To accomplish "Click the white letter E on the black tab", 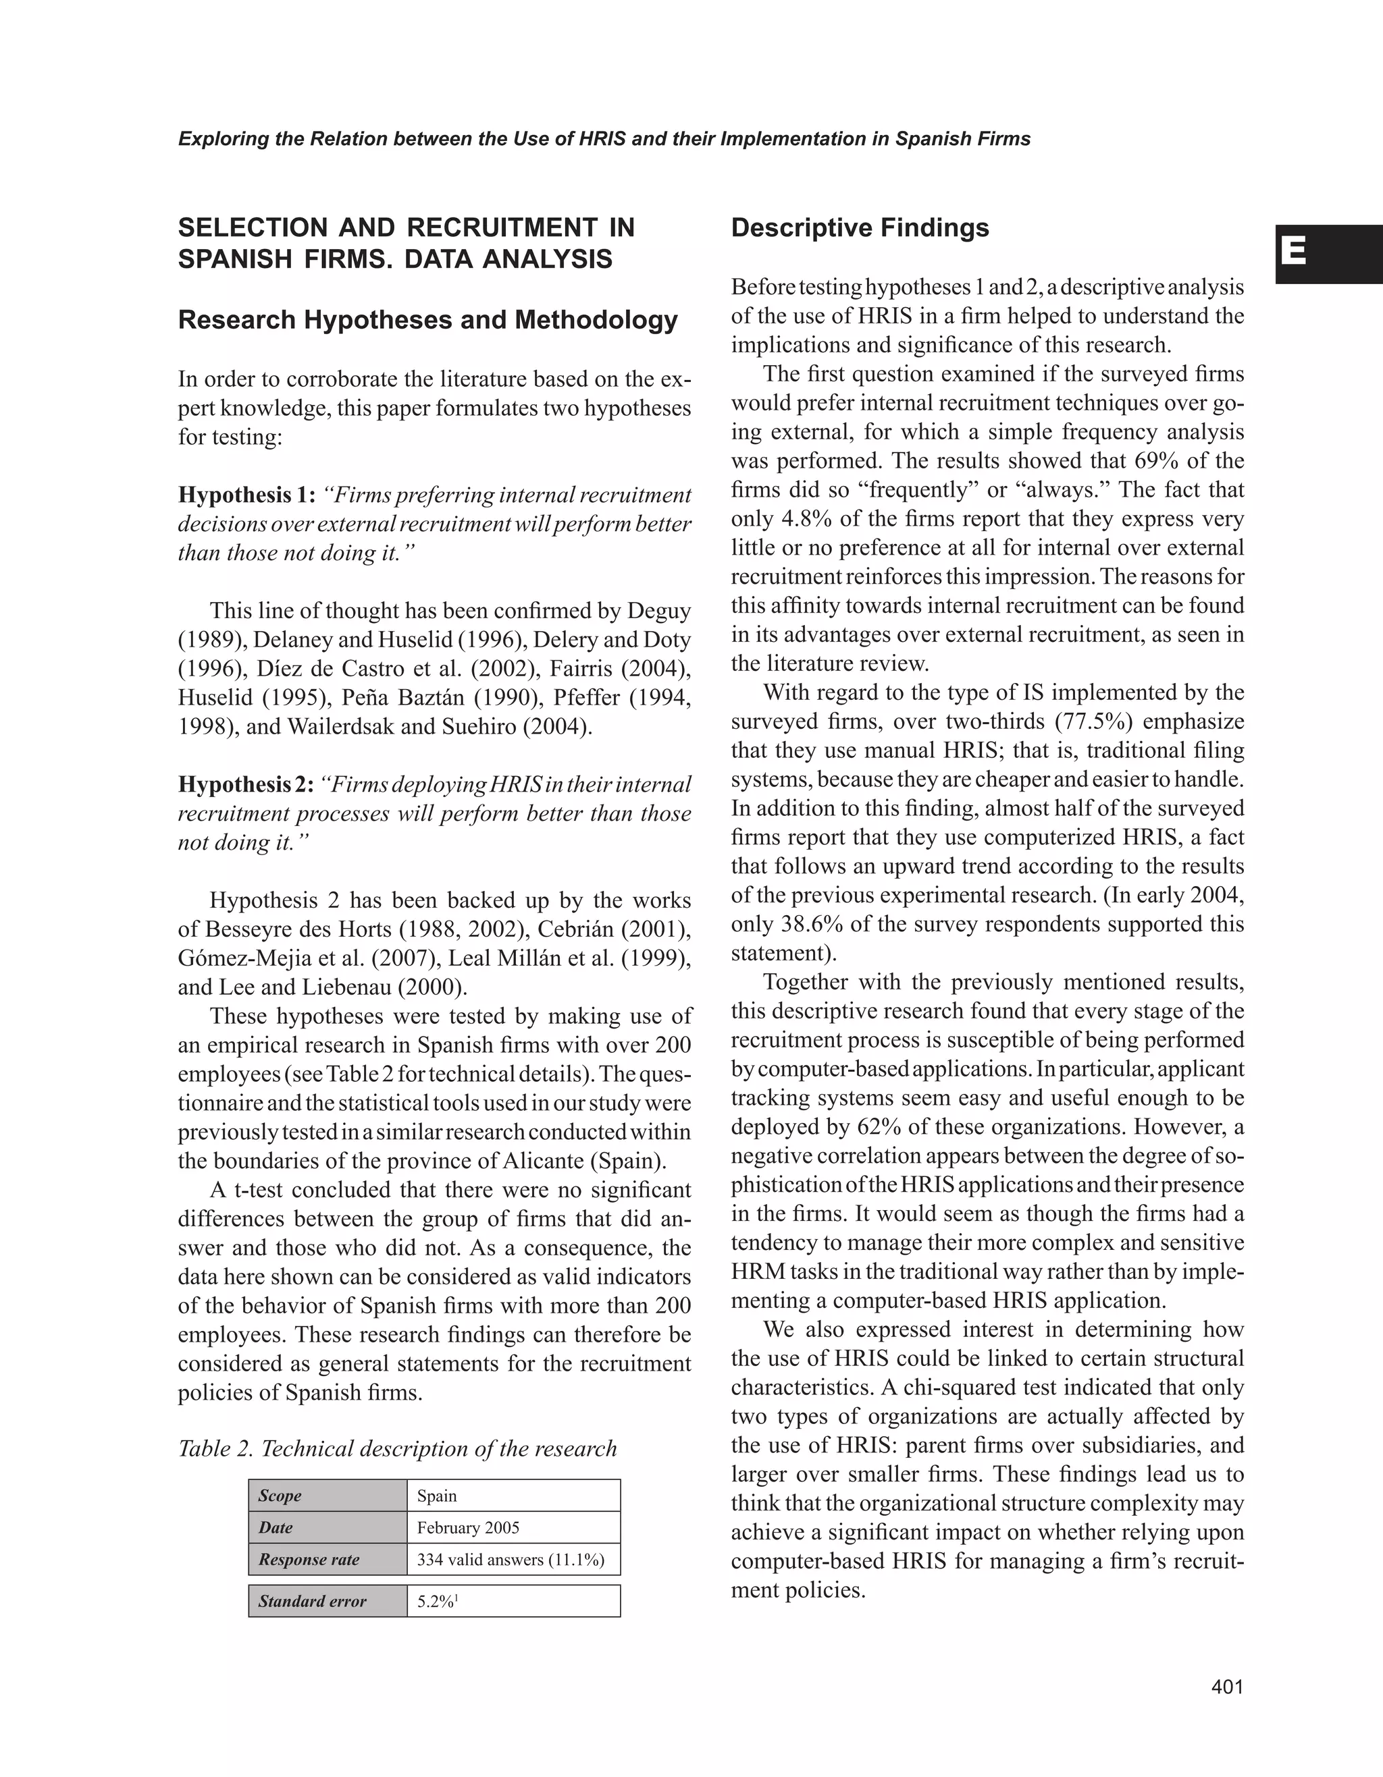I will [x=1293, y=252].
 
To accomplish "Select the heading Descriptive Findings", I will [x=860, y=228].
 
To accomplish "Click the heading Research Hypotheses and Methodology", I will [x=427, y=321].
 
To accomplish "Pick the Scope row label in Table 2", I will [x=280, y=1496].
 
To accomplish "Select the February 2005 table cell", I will [x=468, y=1527].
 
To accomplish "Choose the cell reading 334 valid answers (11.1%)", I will [x=511, y=1560].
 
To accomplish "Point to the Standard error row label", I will [x=313, y=1602].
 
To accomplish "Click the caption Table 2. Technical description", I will [x=397, y=1449].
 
